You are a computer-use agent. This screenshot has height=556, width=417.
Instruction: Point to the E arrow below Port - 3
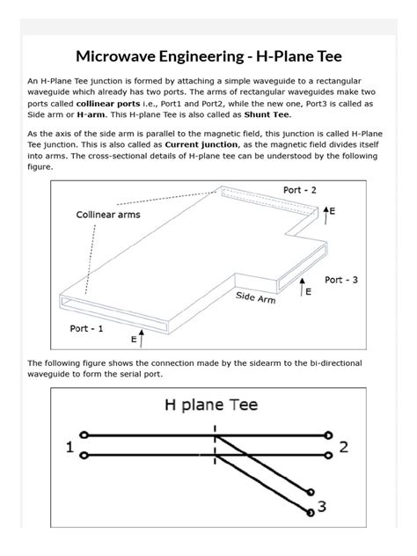pyautogui.click(x=304, y=289)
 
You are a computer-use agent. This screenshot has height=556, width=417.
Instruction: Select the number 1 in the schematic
pyautogui.click(x=69, y=447)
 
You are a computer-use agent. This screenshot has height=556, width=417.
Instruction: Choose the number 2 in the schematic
pyautogui.click(x=344, y=447)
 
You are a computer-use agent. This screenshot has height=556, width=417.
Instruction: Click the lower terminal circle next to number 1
pyautogui.click(x=84, y=456)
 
